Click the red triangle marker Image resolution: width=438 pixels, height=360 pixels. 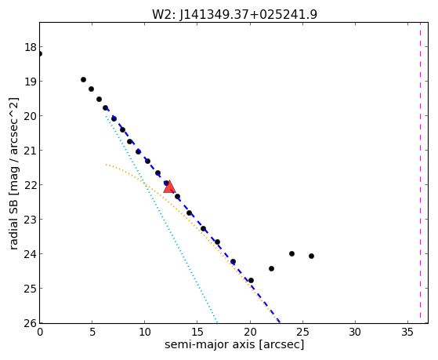point(169,187)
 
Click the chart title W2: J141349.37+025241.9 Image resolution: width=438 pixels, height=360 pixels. point(234,14)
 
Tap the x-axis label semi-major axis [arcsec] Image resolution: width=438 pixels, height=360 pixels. point(234,344)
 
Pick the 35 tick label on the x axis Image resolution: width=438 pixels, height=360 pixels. point(407,333)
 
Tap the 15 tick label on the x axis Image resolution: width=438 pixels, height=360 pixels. point(197,333)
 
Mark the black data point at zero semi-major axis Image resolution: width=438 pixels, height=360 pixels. point(40,53)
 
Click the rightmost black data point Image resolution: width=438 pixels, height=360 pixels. point(312,256)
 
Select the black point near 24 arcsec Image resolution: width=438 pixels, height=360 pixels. point(291,253)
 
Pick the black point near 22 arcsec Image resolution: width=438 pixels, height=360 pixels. point(271,268)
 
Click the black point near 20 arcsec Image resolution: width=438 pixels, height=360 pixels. point(251,280)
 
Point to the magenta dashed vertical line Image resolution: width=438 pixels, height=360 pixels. point(420,173)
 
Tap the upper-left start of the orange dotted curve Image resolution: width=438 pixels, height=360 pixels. point(107,165)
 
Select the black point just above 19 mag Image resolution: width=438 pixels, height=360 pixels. point(83,80)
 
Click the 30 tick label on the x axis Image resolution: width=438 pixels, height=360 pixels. point(355,333)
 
